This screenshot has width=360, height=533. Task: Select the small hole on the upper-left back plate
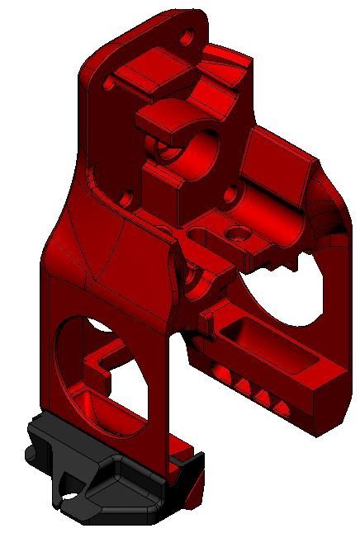108,83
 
